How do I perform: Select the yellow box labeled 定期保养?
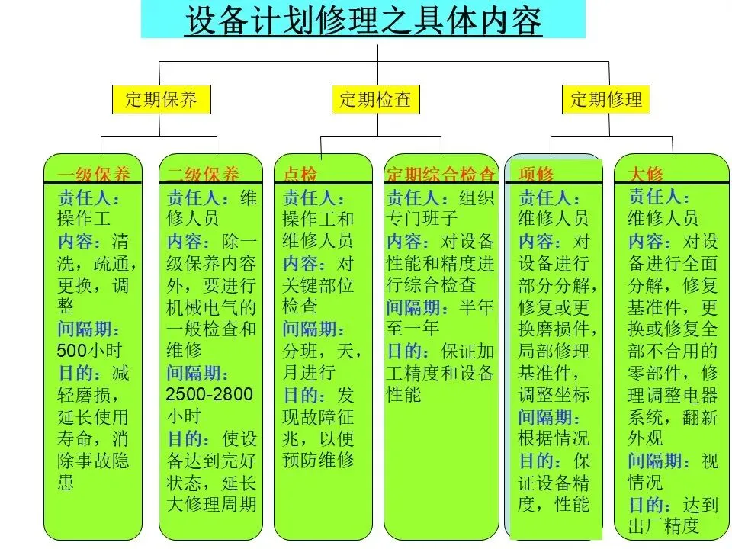pos(161,99)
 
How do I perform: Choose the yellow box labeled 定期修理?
pos(606,99)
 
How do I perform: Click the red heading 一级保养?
pos(93,174)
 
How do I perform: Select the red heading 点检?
pos(300,174)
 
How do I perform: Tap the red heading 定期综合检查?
pos(441,174)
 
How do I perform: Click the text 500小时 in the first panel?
pos(89,352)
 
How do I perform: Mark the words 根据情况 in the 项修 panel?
pos(554,438)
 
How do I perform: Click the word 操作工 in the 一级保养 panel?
pos(84,220)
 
